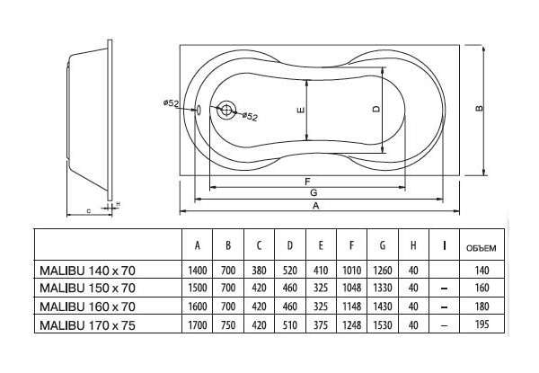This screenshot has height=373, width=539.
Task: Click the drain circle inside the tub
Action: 226,110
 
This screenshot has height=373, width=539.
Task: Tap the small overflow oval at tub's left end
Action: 199,110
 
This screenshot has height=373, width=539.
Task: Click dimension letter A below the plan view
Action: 315,206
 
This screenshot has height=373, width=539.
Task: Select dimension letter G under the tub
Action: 314,193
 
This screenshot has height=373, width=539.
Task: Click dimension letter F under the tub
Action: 307,182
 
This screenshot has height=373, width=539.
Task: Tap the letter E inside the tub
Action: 300,111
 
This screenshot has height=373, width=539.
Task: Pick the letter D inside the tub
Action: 376,109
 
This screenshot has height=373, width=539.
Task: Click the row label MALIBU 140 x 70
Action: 88,271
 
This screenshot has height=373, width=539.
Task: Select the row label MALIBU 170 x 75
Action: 88,325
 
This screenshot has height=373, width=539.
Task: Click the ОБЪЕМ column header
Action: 482,248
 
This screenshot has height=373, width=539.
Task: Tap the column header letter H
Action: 413,245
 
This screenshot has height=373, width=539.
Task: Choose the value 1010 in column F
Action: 351,271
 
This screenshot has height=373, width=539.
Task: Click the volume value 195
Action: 482,324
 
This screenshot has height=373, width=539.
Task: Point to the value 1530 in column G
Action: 383,324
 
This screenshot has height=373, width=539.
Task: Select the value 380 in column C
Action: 259,271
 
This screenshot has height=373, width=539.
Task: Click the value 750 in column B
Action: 228,324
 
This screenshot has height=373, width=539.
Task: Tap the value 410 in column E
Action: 321,271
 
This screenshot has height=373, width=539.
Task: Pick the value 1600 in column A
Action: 198,306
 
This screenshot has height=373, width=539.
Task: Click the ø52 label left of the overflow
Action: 171,103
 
